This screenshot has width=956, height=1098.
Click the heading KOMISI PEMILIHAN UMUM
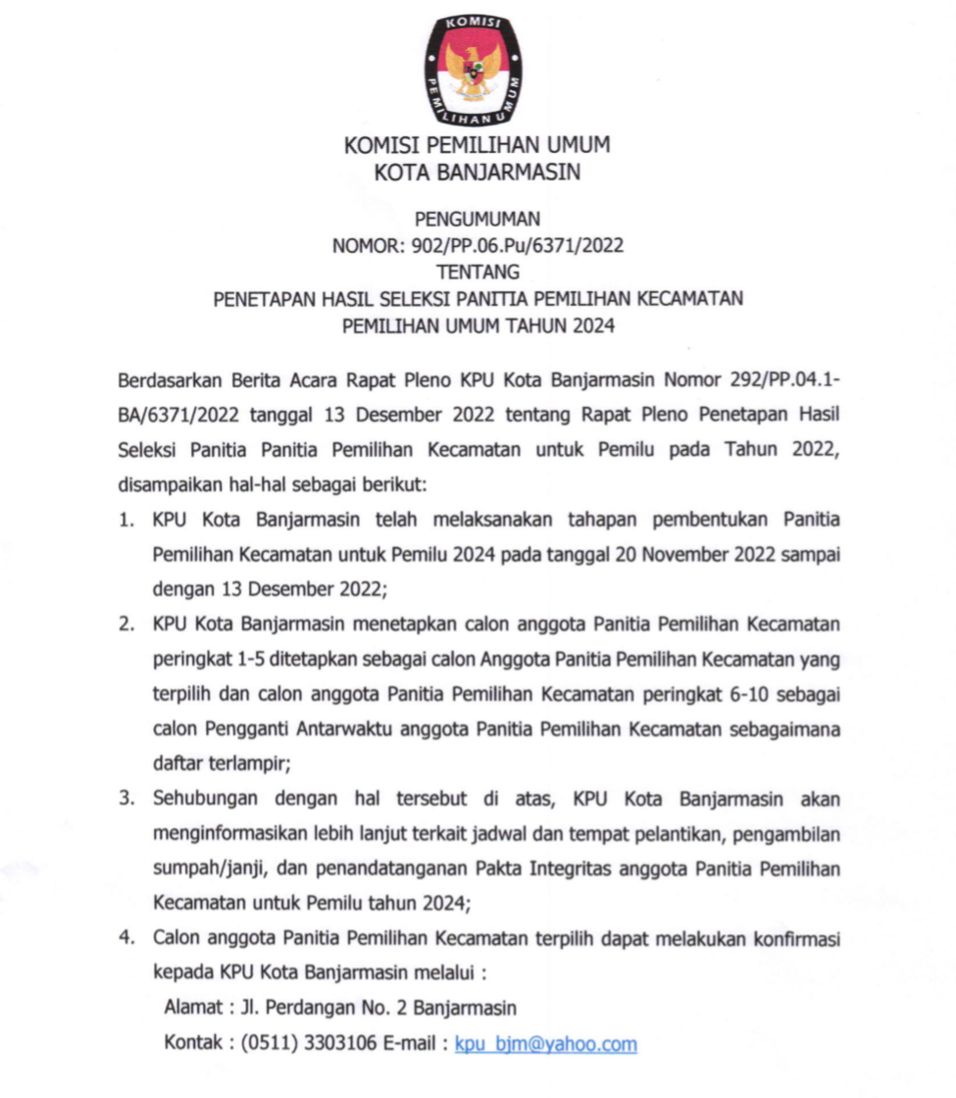[477, 145]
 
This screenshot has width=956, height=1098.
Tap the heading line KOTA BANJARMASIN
[478, 174]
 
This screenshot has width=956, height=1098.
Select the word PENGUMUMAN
[478, 220]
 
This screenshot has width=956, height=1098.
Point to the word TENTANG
[478, 273]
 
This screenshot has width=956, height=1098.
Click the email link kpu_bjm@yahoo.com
[546, 1045]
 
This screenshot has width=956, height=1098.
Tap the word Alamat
[192, 1008]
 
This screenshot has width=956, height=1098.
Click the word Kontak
[192, 1045]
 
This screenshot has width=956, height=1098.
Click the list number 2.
[126, 624]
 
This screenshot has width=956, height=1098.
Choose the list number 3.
[126, 800]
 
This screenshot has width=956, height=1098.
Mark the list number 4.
[126, 938]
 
